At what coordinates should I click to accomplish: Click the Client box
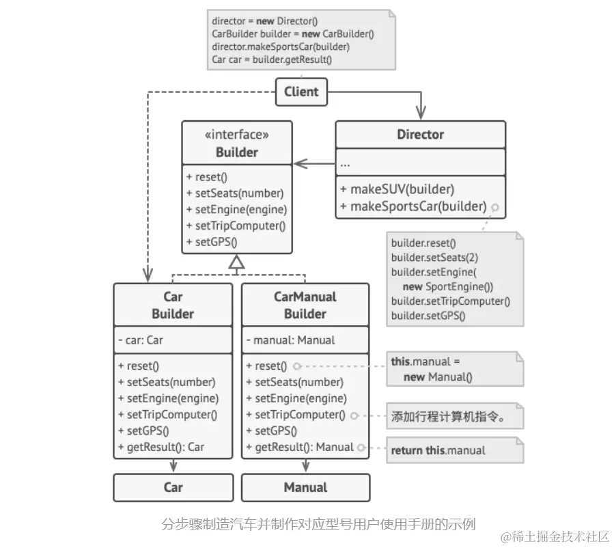tap(301, 92)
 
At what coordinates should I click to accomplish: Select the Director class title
tap(420, 135)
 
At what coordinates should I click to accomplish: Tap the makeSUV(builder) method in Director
tap(402, 189)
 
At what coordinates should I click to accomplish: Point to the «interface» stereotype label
tap(236, 135)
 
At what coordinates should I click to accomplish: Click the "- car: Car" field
tap(141, 340)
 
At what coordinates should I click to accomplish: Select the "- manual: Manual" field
tap(291, 340)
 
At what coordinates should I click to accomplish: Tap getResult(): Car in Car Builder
tap(161, 448)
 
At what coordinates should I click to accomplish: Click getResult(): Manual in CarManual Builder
tap(300, 448)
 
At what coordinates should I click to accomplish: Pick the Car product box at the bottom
tap(173, 487)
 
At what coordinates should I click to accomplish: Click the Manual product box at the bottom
tap(305, 487)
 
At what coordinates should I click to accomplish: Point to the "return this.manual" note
tap(438, 451)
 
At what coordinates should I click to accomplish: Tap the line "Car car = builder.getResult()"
tap(272, 59)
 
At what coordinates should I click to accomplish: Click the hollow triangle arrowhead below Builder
tap(236, 262)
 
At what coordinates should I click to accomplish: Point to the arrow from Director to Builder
tap(314, 163)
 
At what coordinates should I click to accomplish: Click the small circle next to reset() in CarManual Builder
tap(297, 366)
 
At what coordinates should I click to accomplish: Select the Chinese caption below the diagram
tap(318, 524)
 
